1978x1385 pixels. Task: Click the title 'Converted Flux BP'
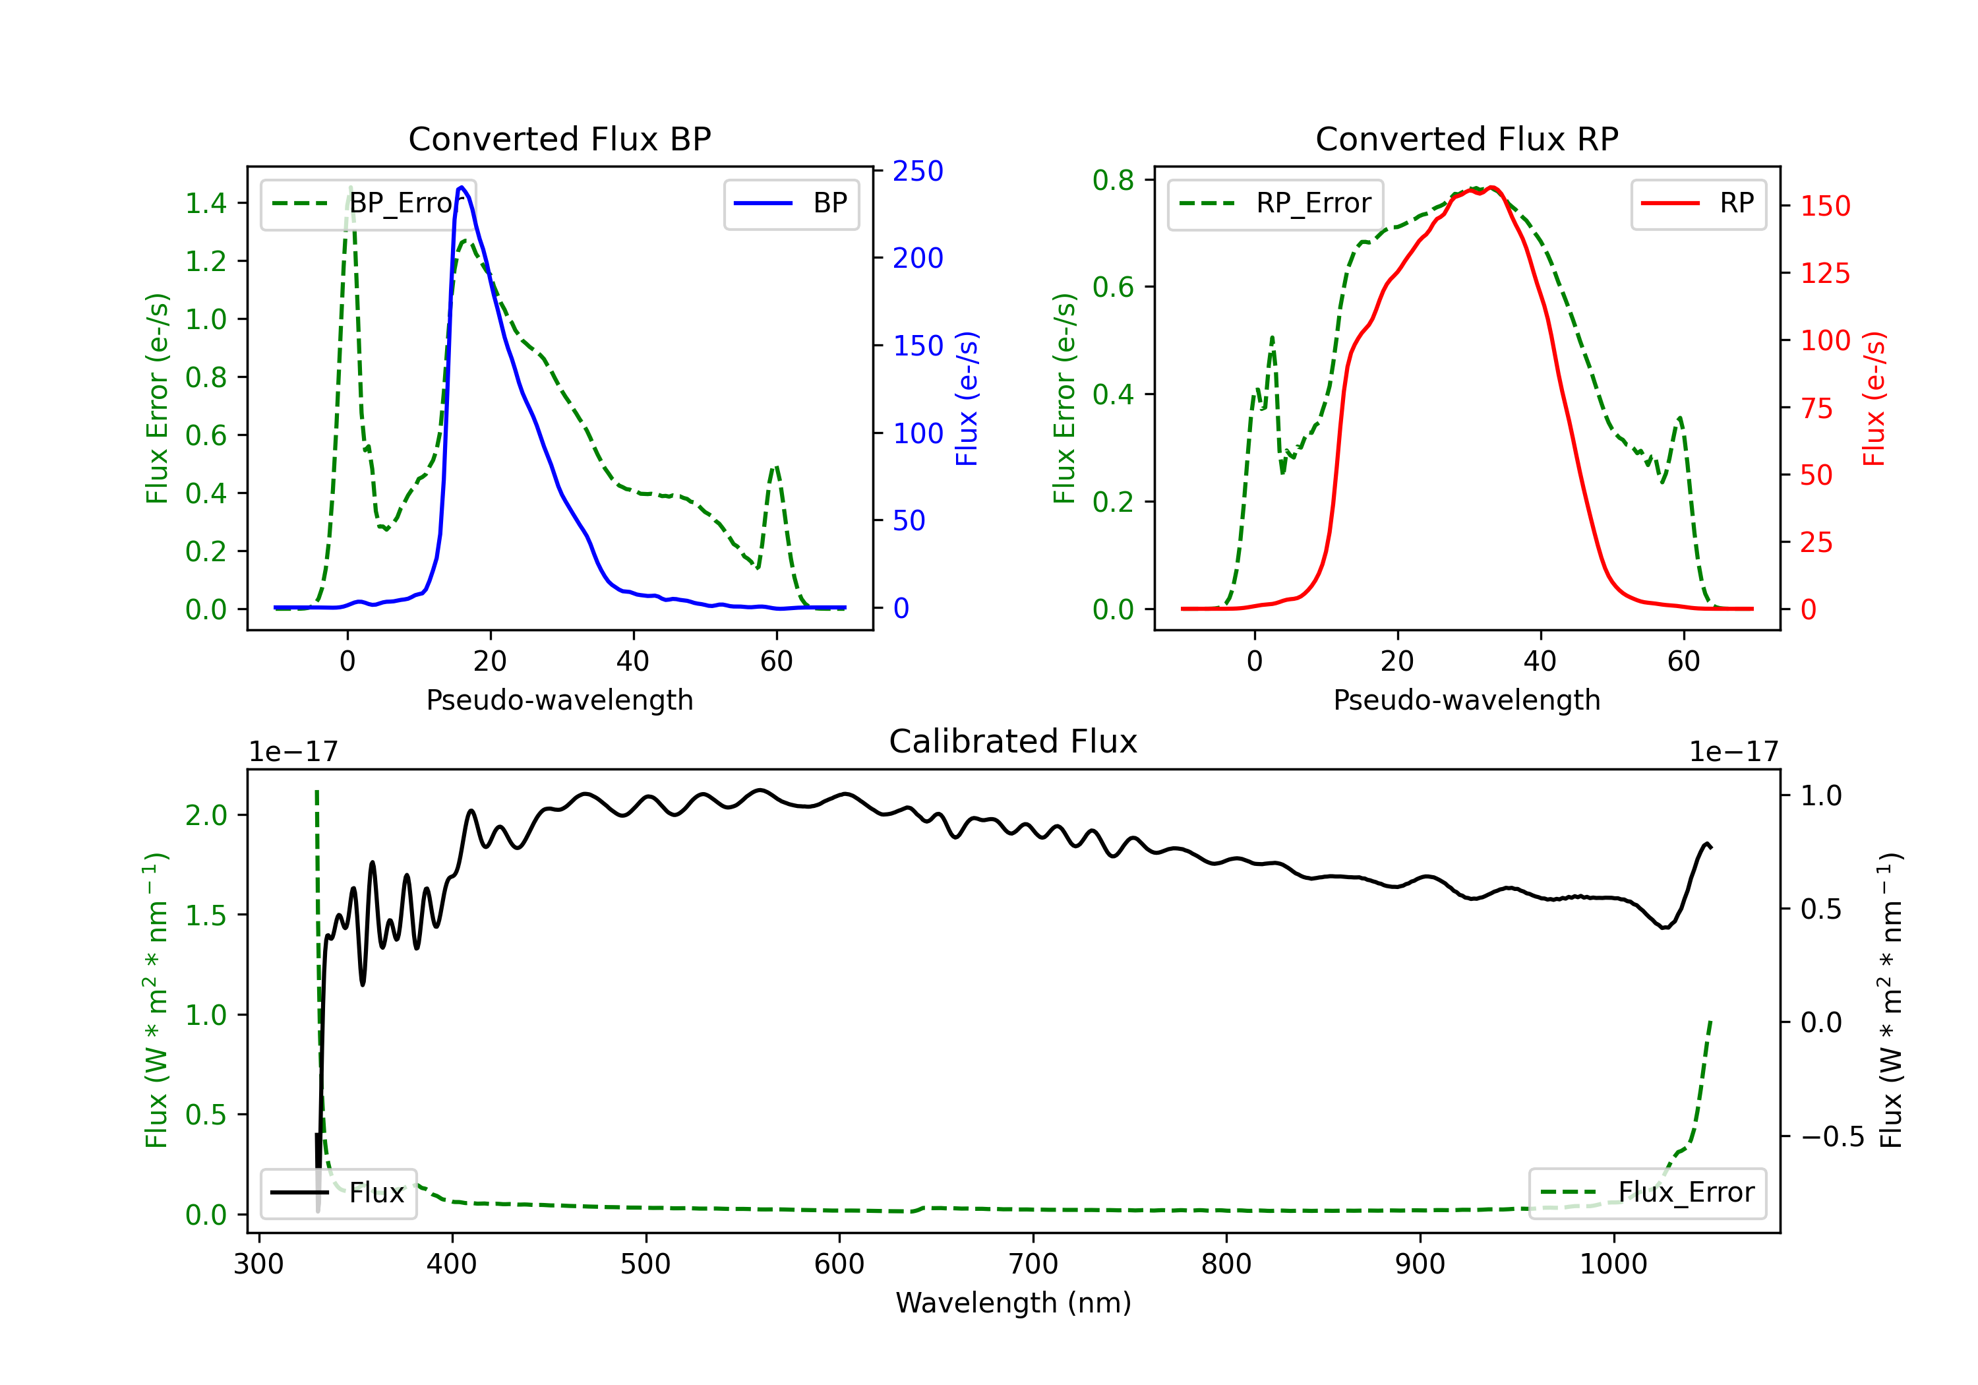click(559, 138)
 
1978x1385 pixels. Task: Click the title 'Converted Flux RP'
click(1466, 138)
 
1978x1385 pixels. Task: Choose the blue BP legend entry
click(791, 203)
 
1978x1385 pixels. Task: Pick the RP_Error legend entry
click(1275, 203)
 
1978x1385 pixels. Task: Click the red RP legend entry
click(1698, 203)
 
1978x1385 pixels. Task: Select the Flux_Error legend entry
click(1647, 1193)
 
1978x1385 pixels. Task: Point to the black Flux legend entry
click(338, 1193)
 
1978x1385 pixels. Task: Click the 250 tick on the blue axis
click(918, 171)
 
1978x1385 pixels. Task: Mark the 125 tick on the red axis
click(1824, 273)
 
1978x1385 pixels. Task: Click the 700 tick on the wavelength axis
click(1033, 1264)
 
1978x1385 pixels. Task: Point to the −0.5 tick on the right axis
click(1832, 1137)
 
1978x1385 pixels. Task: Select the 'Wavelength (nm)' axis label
click(1013, 1303)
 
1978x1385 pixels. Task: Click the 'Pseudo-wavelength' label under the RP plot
click(1466, 700)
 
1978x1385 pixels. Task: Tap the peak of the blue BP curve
click(462, 187)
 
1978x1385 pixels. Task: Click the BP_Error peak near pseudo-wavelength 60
click(775, 467)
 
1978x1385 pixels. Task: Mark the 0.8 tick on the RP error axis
click(1113, 180)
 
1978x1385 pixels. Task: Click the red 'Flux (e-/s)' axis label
click(1874, 399)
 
